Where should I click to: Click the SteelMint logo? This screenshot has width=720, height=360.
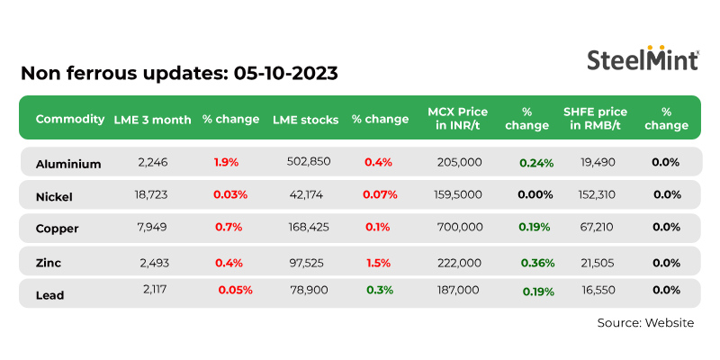click(x=643, y=59)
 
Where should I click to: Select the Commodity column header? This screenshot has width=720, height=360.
click(x=69, y=119)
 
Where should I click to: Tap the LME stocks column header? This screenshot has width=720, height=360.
click(x=305, y=119)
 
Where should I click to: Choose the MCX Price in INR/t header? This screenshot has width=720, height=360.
click(x=456, y=119)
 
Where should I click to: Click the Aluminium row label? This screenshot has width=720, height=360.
click(x=68, y=164)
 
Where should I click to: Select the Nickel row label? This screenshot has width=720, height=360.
click(x=54, y=196)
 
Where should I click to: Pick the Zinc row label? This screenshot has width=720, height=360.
click(x=49, y=261)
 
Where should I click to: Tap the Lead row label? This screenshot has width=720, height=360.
click(x=50, y=292)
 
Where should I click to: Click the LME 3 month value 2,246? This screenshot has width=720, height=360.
click(x=154, y=162)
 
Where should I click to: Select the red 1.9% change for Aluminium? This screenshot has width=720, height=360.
click(x=226, y=162)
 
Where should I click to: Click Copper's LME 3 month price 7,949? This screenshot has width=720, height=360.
click(x=154, y=226)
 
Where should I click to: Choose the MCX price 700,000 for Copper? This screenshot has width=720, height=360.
click(x=459, y=227)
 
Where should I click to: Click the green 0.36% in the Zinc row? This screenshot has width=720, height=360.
click(x=537, y=263)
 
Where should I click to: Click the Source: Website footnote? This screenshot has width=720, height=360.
click(x=645, y=322)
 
